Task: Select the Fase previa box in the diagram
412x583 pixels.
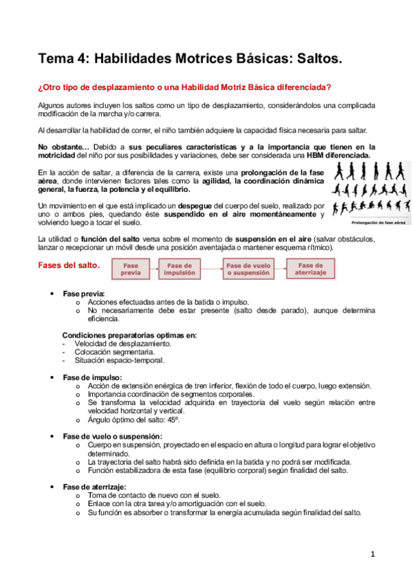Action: coord(131,268)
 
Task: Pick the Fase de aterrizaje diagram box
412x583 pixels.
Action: coord(310,268)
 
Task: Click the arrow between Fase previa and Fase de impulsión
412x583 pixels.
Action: coord(154,268)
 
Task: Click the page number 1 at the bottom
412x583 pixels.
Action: coord(372,554)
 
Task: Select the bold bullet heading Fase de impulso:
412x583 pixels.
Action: coord(92,377)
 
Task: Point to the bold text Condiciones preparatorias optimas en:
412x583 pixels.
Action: coord(129,335)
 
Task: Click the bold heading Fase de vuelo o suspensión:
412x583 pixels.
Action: coord(113,437)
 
